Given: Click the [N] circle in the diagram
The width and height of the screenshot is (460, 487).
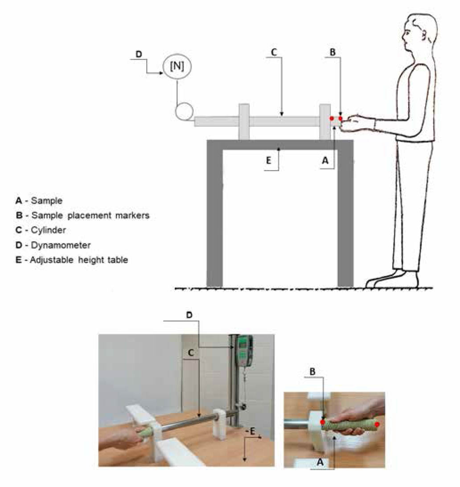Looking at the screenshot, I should [x=177, y=66].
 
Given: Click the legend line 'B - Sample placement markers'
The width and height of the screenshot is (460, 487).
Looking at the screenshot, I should [x=82, y=215].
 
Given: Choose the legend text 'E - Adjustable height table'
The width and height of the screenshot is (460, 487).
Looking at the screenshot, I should [x=71, y=260].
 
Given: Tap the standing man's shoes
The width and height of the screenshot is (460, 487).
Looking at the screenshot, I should [x=392, y=280].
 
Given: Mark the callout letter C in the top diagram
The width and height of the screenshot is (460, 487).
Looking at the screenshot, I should [x=274, y=52].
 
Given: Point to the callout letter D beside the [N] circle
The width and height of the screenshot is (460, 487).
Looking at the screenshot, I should [x=139, y=54].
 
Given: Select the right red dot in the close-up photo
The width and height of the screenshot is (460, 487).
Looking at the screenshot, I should [x=377, y=424].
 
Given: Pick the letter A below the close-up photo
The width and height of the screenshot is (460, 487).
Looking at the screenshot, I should [x=319, y=463].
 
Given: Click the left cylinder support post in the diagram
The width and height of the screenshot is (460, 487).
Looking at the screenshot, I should [x=244, y=122].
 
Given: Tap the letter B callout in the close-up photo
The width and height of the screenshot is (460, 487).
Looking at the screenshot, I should [x=313, y=371].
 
